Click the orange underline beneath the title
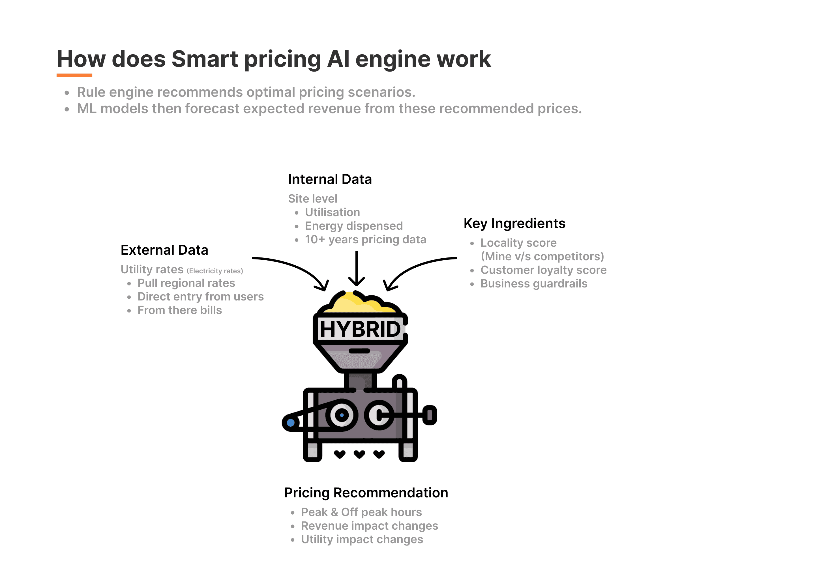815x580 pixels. [74, 75]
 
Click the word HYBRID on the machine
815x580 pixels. [360, 329]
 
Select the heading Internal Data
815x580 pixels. [330, 179]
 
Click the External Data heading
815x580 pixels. [164, 250]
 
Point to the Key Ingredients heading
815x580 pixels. [514, 224]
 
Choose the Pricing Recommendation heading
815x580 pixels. [366, 493]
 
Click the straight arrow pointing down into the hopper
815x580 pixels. [357, 268]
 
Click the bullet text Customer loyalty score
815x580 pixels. [543, 270]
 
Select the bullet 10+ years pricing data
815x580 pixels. [365, 240]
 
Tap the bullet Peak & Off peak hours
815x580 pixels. [361, 512]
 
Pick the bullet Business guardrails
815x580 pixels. [534, 283]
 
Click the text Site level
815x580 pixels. [312, 199]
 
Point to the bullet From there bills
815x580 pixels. [180, 310]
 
